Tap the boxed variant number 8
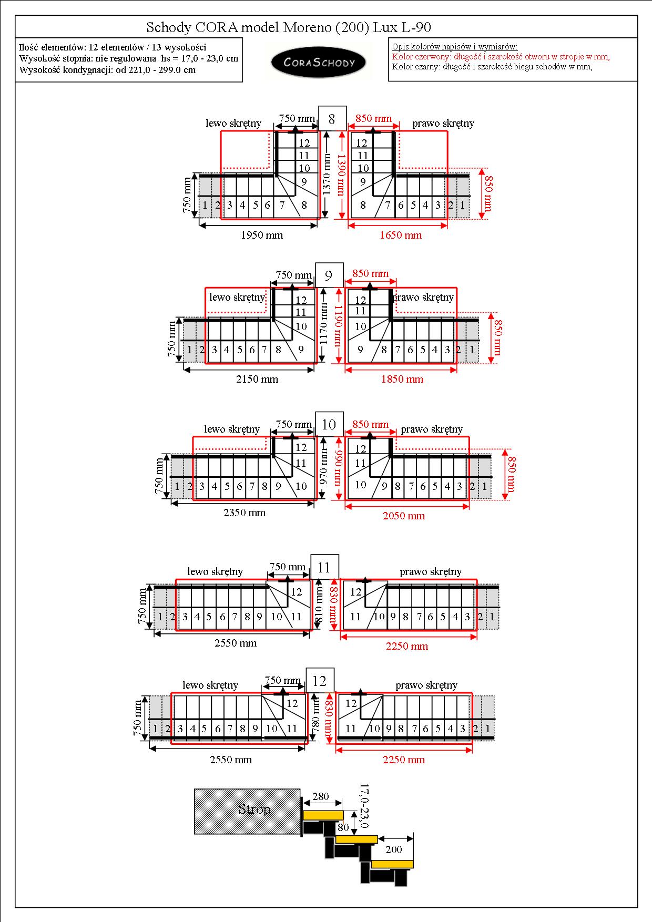click(332, 119)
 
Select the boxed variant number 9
click(329, 275)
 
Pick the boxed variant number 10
click(329, 425)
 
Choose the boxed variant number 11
click(324, 567)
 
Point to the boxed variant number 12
click(320, 681)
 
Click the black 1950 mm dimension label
click(262, 235)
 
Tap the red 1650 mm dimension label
click(401, 235)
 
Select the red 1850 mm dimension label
click(402, 379)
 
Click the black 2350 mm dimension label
click(244, 513)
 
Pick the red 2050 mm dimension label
click(404, 516)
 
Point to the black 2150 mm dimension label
click(257, 379)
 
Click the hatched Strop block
click(247, 811)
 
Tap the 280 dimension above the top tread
click(321, 796)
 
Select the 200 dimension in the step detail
click(394, 849)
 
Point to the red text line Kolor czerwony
click(501, 57)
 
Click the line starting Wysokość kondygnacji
click(107, 70)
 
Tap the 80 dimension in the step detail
click(343, 827)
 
